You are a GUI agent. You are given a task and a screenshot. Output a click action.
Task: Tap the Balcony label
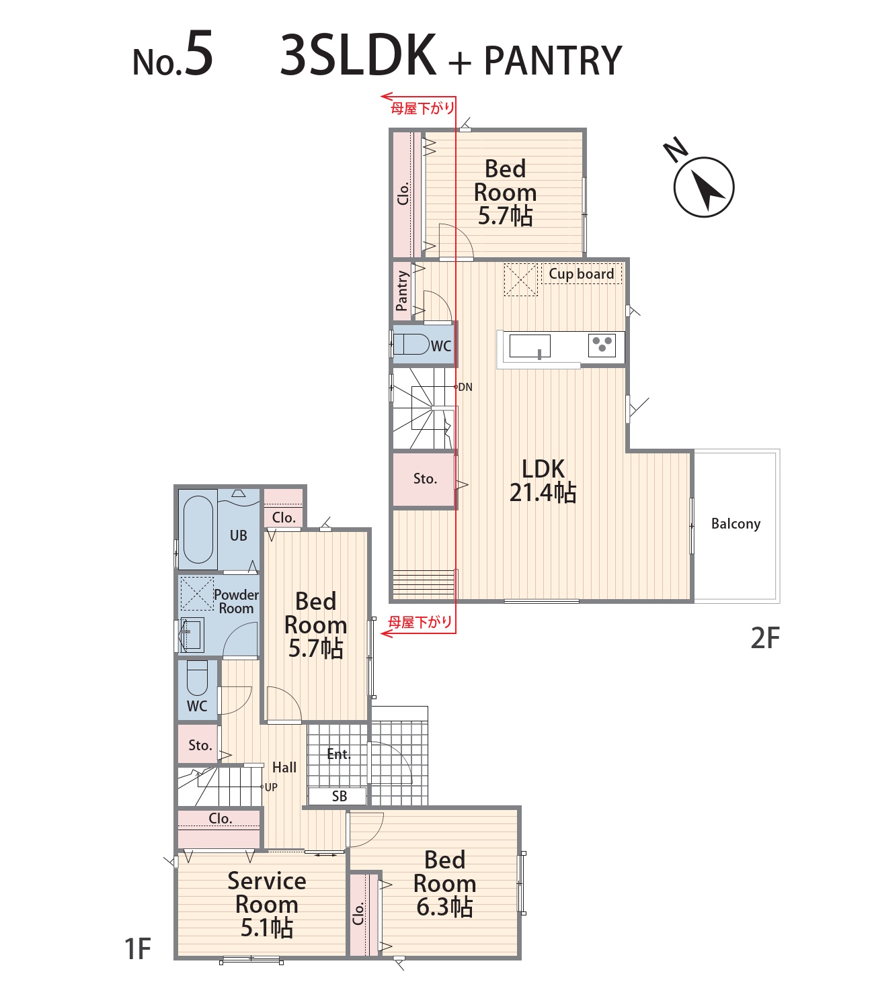click(736, 524)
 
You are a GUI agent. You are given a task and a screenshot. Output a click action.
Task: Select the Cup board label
click(581, 274)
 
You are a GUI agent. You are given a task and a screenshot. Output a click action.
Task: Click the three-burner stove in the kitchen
click(602, 345)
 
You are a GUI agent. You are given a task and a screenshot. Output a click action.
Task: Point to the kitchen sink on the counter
click(530, 345)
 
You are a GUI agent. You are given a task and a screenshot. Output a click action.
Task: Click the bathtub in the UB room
click(198, 529)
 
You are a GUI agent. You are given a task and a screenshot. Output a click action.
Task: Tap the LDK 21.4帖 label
click(543, 480)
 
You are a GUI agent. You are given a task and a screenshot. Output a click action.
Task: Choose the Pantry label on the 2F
click(402, 291)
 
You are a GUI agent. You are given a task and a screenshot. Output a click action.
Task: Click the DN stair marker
click(465, 387)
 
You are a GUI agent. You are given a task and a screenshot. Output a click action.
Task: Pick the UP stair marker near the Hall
click(271, 787)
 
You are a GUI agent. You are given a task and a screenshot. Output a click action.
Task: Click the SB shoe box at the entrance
click(340, 796)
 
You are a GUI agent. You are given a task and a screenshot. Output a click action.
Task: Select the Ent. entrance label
click(339, 754)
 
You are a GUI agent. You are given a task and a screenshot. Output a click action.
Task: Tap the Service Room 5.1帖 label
click(267, 904)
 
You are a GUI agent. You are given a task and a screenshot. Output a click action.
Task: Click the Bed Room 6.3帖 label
click(445, 883)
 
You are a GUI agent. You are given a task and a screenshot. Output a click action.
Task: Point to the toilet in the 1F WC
click(197, 677)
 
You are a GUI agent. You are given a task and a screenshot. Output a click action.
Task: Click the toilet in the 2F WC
click(411, 345)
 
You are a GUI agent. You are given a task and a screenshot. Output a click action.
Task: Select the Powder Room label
click(236, 602)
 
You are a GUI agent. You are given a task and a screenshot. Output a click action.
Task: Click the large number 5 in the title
click(199, 53)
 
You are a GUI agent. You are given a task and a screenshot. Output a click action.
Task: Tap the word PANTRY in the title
click(553, 60)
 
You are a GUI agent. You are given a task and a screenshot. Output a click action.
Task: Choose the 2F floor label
click(765, 638)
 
